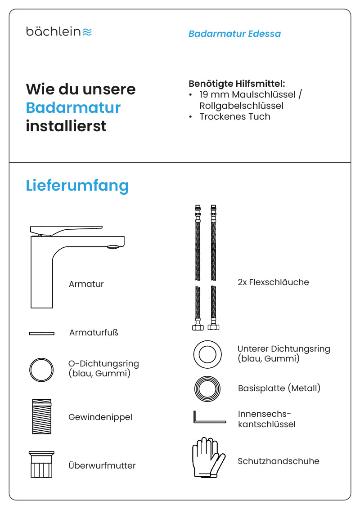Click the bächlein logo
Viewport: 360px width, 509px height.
point(59,31)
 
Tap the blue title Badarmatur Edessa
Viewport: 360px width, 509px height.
point(234,34)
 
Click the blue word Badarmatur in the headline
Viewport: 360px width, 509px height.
point(73,107)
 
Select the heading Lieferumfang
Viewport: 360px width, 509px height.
point(77,185)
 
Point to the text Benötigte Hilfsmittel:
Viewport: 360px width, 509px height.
point(237,84)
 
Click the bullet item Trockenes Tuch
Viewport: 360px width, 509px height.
point(234,116)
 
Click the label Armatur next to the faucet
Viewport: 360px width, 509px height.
point(86,284)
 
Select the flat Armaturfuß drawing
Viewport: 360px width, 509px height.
point(41,333)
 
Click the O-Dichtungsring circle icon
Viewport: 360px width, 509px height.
point(41,370)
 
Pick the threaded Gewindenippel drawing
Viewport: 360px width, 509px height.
point(41,417)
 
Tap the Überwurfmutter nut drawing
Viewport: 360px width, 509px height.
point(41,464)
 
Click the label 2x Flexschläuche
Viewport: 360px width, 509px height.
point(273,282)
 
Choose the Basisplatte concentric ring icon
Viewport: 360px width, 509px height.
point(207,388)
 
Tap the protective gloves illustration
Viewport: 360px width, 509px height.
point(208,458)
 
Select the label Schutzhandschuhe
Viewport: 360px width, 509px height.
point(278,461)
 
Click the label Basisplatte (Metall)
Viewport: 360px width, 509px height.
point(279,388)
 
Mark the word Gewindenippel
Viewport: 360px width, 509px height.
point(100,417)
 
